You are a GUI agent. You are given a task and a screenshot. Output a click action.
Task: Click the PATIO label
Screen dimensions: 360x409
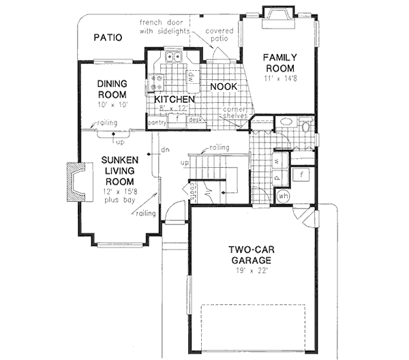[108, 37]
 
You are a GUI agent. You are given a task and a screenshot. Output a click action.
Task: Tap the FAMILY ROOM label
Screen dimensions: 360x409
[279, 63]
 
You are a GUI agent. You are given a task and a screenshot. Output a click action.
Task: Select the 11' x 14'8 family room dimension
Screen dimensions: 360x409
[279, 80]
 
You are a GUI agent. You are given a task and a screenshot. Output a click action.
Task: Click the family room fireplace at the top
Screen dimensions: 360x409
[278, 16]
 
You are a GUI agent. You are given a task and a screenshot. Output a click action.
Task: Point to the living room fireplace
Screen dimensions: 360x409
[72, 181]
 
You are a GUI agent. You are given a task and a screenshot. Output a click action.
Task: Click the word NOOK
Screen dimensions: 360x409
[223, 87]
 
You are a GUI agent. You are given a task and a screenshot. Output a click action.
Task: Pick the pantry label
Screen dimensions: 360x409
[157, 123]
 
